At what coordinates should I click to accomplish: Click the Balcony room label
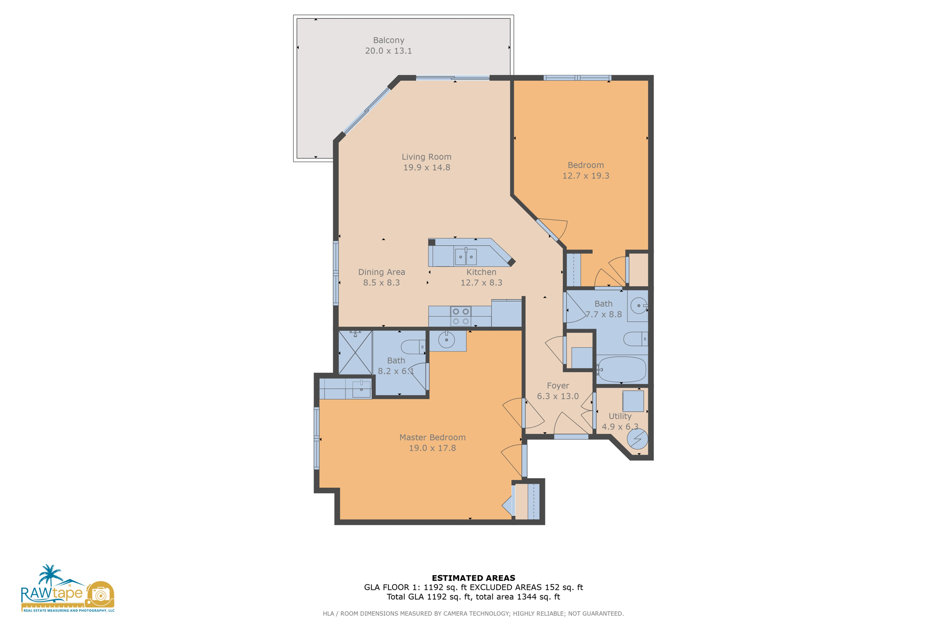point(388,40)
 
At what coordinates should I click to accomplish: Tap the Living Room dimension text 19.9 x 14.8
point(426,168)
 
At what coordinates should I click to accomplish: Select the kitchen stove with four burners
point(461,316)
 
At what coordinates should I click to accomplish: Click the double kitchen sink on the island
point(465,256)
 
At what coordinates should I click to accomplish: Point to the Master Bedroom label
point(432,437)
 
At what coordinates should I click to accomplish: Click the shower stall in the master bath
point(355,352)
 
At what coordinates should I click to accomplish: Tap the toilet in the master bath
point(413,347)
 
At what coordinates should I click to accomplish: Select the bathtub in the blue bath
point(621,370)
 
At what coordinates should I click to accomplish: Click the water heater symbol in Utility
point(637,439)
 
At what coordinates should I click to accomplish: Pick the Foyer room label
point(558,386)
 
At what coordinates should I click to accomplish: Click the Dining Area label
point(381,272)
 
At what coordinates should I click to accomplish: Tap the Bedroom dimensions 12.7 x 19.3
point(585,176)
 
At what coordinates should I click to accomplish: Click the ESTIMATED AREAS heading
point(473,578)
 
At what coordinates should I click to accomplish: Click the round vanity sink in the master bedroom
point(446,340)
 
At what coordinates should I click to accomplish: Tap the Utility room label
point(620,416)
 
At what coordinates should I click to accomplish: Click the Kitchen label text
point(481,272)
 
